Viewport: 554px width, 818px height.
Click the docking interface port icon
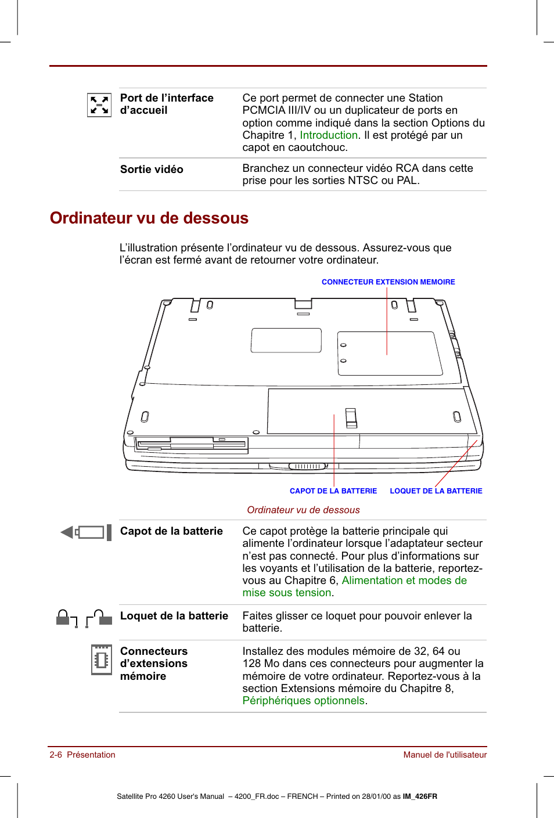tap(99, 105)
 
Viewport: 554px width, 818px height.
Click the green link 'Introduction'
tap(329, 135)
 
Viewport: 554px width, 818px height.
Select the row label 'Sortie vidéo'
tap(152, 170)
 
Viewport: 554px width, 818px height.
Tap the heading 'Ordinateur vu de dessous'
tap(149, 218)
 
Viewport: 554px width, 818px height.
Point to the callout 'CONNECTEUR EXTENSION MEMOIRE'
tap(388, 282)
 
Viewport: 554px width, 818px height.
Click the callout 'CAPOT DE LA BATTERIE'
tap(333, 491)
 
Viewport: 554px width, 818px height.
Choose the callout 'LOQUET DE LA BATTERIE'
tap(436, 491)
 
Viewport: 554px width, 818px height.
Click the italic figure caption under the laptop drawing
tap(303, 510)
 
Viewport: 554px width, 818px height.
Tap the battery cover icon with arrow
tap(86, 532)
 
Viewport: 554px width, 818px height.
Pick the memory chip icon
tap(101, 660)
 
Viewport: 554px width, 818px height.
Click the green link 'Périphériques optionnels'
tap(303, 701)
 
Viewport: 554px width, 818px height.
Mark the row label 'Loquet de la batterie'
tap(174, 616)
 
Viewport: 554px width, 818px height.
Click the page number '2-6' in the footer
tap(56, 755)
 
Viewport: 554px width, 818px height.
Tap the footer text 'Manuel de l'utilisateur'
tap(445, 755)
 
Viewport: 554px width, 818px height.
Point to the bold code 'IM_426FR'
tap(420, 797)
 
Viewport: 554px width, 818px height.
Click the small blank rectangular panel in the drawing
tap(286, 340)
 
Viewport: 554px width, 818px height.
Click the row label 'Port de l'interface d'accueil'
tap(167, 104)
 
